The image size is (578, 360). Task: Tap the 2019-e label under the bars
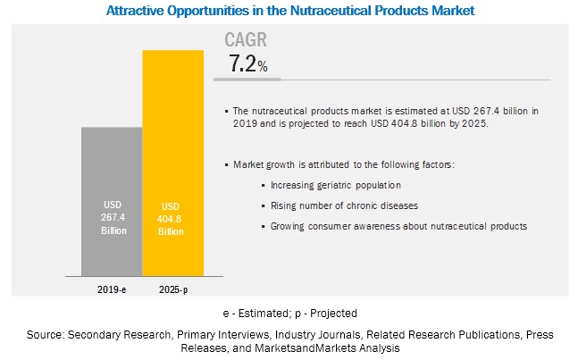click(111, 289)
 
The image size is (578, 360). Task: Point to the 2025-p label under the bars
click(172, 289)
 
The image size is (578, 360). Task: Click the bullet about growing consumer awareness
click(398, 226)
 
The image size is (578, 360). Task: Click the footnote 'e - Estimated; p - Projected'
click(289, 314)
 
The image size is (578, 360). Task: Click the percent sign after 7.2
click(263, 67)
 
